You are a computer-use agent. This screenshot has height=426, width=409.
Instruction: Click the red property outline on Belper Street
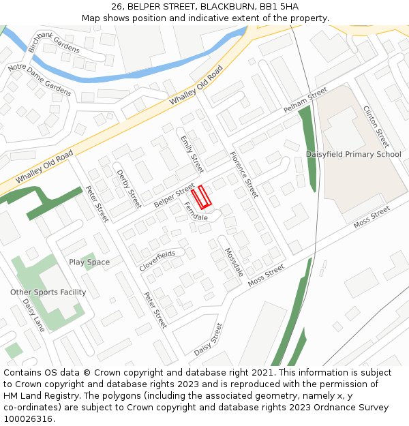pyautogui.click(x=201, y=197)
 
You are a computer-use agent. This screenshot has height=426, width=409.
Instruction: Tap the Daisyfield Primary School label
pyautogui.click(x=353, y=154)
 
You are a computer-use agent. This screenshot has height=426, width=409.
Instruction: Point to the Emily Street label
pyautogui.click(x=192, y=154)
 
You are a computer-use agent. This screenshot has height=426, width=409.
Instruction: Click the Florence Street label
pyautogui.click(x=244, y=175)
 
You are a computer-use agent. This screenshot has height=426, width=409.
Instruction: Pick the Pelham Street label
pyautogui.click(x=305, y=100)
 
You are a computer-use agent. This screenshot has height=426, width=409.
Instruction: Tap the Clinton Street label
pyautogui.click(x=376, y=127)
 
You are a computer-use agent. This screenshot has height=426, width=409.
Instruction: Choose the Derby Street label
pyautogui.click(x=129, y=189)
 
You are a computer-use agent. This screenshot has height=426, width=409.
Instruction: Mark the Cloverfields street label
pyautogui.click(x=157, y=260)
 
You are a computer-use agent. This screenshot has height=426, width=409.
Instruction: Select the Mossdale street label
pyautogui.click(x=234, y=262)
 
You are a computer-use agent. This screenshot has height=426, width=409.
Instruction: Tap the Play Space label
pyautogui.click(x=89, y=262)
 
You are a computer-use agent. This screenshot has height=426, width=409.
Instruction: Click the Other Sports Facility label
pyautogui.click(x=48, y=292)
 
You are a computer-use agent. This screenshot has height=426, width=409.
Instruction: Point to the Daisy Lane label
pyautogui.click(x=33, y=315)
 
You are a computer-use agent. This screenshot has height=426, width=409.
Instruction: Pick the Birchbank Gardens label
pyautogui.click(x=54, y=42)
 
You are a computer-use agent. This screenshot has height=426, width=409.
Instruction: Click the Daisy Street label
pyautogui.click(x=209, y=339)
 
